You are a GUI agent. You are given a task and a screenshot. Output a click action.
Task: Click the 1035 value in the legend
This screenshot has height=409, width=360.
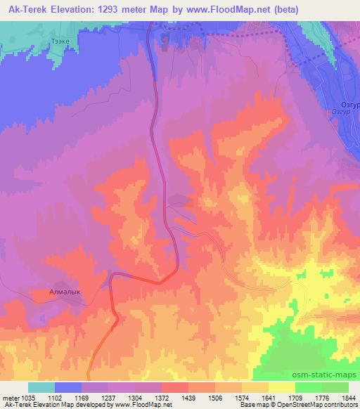click(x=25, y=397)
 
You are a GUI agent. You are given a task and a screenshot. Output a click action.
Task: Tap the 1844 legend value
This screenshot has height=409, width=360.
click(x=349, y=397)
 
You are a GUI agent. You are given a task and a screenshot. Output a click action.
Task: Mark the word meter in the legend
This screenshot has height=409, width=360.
click(x=8, y=397)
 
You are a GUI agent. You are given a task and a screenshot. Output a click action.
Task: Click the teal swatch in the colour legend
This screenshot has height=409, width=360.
click(x=41, y=387)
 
